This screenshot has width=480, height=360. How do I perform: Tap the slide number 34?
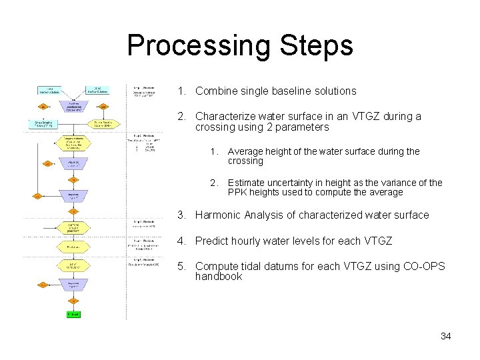(445, 336)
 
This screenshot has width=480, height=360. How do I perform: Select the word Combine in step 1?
(217, 91)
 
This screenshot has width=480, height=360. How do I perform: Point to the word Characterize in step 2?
(226, 116)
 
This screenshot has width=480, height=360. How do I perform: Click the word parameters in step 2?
(303, 127)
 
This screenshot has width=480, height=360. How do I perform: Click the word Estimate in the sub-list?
(247, 183)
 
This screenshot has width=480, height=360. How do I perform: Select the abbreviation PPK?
(238, 193)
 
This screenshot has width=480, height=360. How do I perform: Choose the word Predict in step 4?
(212, 241)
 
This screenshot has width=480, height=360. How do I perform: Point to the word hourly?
(247, 241)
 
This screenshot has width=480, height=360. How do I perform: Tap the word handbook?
(219, 277)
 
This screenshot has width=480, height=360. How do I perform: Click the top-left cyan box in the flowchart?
(49, 89)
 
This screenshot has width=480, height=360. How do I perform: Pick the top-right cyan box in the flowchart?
(98, 89)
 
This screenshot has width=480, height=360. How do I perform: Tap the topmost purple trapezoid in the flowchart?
(73, 105)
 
